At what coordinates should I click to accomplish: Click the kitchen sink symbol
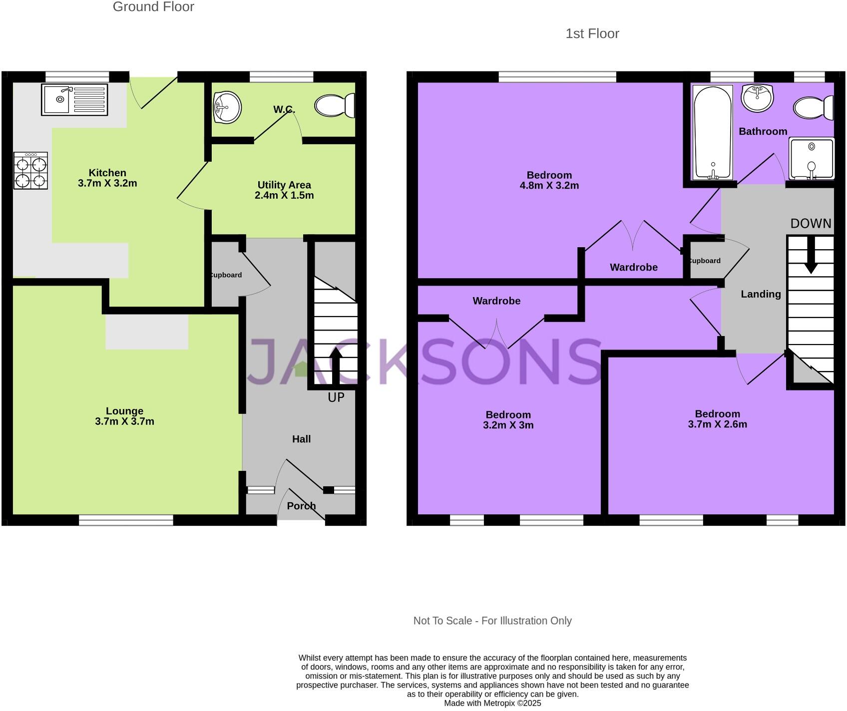click(74, 100)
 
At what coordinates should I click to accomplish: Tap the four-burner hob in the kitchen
click(31, 171)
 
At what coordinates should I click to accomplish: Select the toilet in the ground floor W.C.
click(334, 105)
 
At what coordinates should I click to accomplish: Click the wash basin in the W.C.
click(227, 106)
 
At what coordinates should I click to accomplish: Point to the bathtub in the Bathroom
click(713, 132)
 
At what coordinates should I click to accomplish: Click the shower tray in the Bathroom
click(812, 158)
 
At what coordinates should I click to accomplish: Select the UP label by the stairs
click(336, 397)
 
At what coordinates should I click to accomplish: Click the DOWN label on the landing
click(811, 224)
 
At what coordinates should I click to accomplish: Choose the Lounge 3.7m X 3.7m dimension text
click(124, 421)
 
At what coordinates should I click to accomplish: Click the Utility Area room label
click(284, 185)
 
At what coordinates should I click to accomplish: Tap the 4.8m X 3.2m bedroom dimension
click(549, 186)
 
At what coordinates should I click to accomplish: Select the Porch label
click(301, 506)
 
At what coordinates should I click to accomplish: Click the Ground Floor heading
click(153, 7)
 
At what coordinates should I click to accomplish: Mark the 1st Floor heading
click(592, 33)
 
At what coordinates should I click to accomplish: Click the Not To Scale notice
click(492, 621)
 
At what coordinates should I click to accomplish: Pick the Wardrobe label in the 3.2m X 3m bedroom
click(496, 301)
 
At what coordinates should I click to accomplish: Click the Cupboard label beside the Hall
click(225, 275)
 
